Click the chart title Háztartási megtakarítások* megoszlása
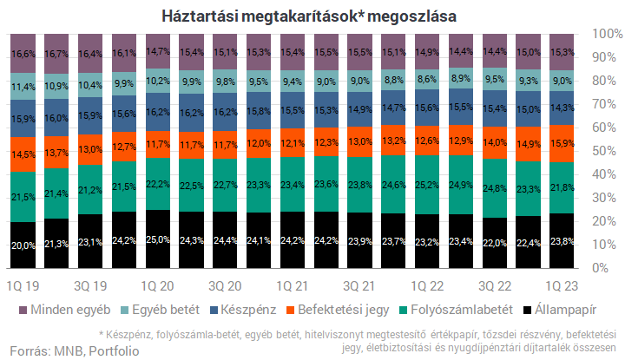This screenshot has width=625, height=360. point(308,16)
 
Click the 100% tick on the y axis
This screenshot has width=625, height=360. point(604,34)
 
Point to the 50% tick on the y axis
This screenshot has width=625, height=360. point(604,151)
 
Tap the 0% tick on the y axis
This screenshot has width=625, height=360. point(604,268)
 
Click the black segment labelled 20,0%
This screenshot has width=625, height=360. point(23,245)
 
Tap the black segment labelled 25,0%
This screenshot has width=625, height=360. point(158,239)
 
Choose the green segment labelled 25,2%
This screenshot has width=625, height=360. point(428,185)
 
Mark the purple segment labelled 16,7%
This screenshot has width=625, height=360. point(56,54)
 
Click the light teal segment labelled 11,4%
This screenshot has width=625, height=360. point(23,87)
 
